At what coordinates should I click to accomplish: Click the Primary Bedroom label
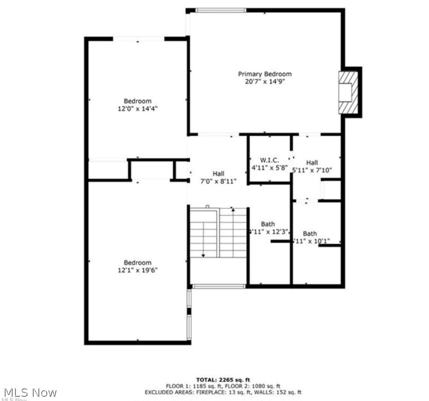[x=265, y=74]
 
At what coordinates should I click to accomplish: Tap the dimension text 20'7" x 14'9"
[x=265, y=81]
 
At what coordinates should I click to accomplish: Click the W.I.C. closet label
[x=269, y=160]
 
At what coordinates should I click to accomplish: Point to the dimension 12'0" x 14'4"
[x=138, y=108]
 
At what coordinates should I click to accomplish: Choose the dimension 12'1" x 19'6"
[x=137, y=270]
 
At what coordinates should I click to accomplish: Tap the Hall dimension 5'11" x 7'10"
[x=312, y=170]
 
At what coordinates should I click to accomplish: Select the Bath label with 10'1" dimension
[x=310, y=234]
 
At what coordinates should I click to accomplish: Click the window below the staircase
[x=219, y=286]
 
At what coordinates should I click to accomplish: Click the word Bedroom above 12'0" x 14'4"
[x=138, y=101]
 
